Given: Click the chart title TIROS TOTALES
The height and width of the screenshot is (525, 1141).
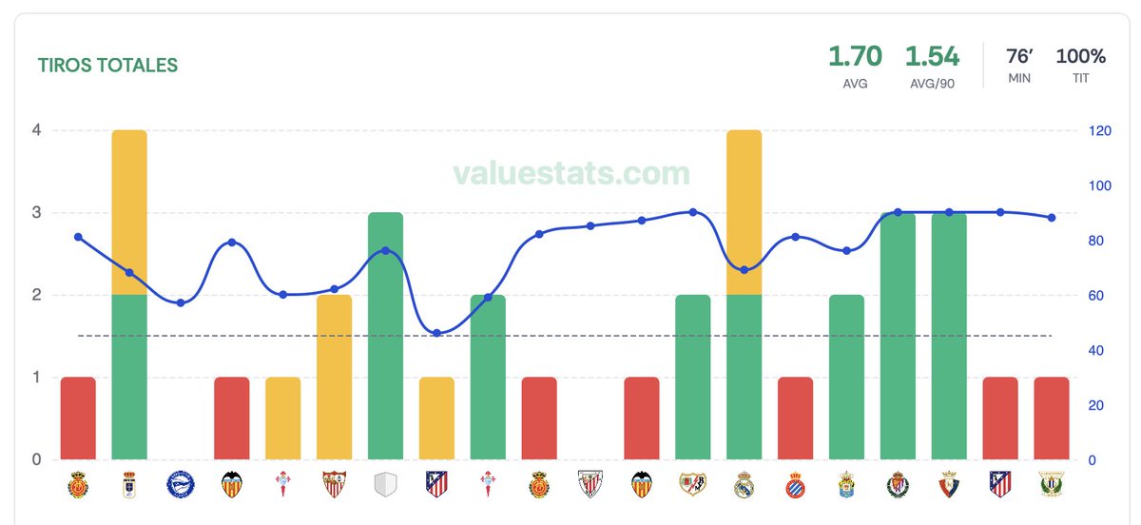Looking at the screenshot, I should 107,66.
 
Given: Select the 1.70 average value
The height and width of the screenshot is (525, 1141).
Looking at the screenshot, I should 855,56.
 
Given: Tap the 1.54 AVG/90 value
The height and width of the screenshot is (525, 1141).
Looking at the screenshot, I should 932,56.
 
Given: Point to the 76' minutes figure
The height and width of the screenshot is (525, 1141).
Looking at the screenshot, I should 1019,56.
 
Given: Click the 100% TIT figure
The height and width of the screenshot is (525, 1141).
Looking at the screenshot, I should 1080,56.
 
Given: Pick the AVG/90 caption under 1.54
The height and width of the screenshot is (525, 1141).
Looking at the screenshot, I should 932,83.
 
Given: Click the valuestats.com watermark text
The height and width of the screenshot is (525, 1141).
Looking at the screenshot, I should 570,173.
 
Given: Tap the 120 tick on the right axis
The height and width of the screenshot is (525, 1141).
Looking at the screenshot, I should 1101,130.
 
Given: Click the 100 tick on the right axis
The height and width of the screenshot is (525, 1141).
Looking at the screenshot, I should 1101,185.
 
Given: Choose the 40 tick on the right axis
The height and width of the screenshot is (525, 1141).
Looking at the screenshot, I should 1097,350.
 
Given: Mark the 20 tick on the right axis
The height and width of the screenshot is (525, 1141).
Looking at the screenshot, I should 1097,405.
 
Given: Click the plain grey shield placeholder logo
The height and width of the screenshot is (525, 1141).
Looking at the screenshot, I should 385,485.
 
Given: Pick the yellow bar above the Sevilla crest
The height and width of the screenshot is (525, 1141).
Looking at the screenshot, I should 334,377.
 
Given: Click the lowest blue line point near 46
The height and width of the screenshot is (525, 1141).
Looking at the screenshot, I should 436,333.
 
